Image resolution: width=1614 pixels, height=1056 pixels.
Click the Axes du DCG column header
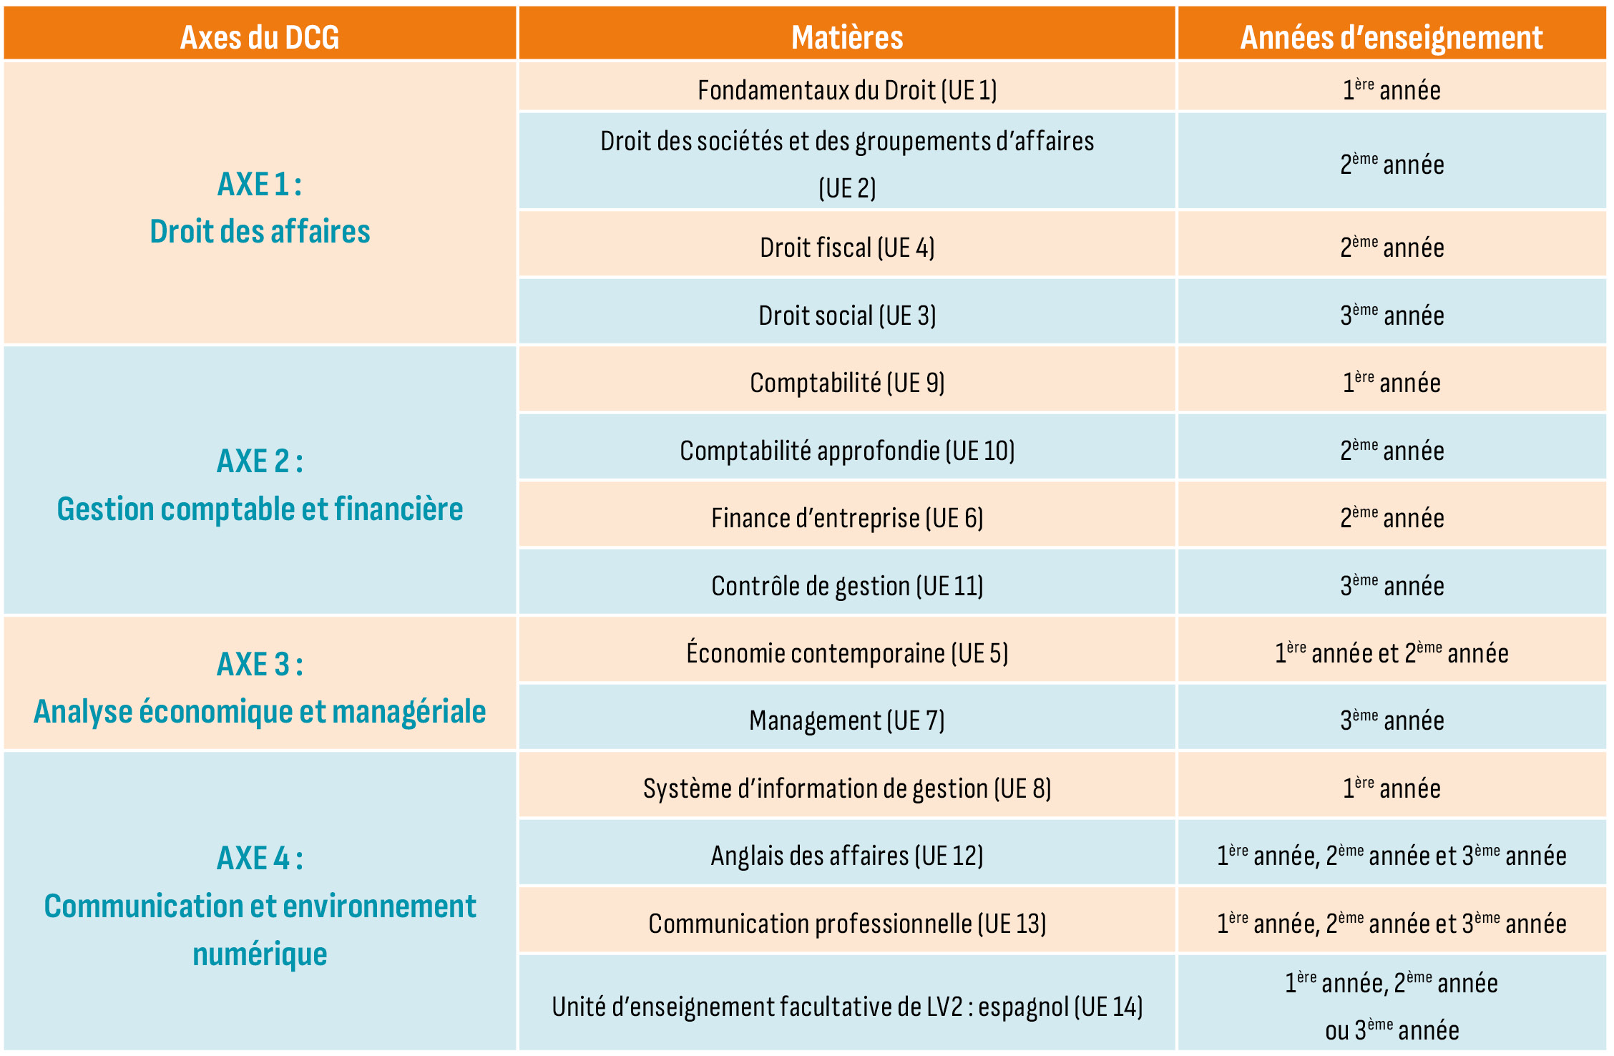click(259, 36)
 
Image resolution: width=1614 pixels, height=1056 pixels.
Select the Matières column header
click(847, 36)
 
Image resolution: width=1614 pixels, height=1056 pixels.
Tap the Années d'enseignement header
click(1392, 36)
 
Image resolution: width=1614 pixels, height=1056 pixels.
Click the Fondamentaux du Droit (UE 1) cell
click(847, 90)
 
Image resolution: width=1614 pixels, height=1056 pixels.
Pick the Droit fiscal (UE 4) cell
click(847, 248)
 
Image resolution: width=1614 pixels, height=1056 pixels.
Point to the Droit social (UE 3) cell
click(847, 316)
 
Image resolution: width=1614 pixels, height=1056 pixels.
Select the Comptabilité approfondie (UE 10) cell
click(847, 451)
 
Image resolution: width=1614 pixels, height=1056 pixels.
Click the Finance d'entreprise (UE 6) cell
click(847, 518)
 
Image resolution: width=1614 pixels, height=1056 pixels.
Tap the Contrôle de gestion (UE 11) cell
click(847, 586)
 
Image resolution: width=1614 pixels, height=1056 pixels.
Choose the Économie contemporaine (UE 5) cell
click(847, 653)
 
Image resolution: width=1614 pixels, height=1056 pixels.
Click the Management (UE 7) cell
click(847, 720)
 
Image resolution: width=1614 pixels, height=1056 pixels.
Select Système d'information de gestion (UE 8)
click(847, 788)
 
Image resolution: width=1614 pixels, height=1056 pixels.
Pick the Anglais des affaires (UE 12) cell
click(847, 856)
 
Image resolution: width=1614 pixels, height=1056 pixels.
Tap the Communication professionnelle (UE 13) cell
click(847, 924)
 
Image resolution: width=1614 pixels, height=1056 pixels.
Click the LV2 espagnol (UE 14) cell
click(847, 1007)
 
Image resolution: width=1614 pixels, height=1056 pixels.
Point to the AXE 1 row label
click(260, 185)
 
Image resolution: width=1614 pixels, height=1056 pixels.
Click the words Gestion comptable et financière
click(260, 509)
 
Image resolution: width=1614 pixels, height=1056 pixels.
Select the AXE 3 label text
click(260, 665)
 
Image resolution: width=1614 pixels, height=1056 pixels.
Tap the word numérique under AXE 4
click(260, 954)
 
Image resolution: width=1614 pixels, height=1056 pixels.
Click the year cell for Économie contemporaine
click(1392, 653)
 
